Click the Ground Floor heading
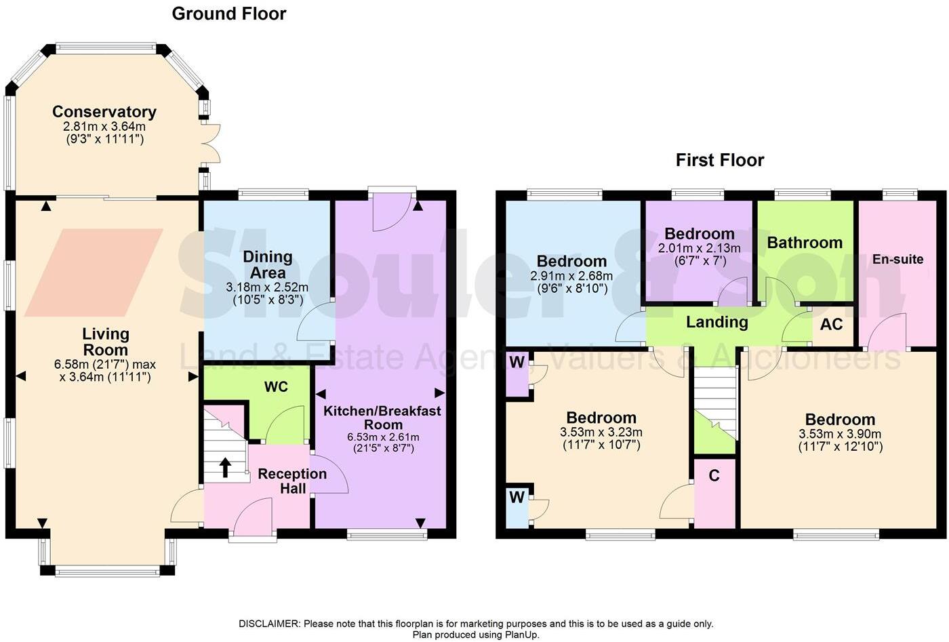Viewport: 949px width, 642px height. point(229,14)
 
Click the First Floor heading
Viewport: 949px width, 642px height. point(720,160)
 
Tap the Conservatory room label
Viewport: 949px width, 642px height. point(104,112)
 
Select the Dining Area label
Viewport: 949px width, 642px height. point(268,264)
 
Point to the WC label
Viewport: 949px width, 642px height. point(276,387)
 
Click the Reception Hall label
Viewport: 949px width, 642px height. point(292,481)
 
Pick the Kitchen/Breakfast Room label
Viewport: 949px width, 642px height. point(382,418)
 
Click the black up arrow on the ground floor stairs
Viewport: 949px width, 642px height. point(224,467)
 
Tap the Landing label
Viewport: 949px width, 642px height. point(716,322)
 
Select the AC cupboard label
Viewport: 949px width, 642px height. point(831,324)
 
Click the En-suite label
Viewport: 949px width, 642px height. point(897,259)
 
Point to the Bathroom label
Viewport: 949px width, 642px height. point(805,243)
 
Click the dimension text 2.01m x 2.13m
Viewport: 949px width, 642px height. point(700,248)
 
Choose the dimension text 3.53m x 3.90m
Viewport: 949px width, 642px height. point(840,434)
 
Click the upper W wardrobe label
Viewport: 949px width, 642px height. point(517,362)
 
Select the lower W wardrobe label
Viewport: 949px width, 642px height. point(517,498)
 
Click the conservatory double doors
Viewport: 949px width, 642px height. point(211,144)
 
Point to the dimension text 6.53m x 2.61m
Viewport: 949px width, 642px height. point(383,437)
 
